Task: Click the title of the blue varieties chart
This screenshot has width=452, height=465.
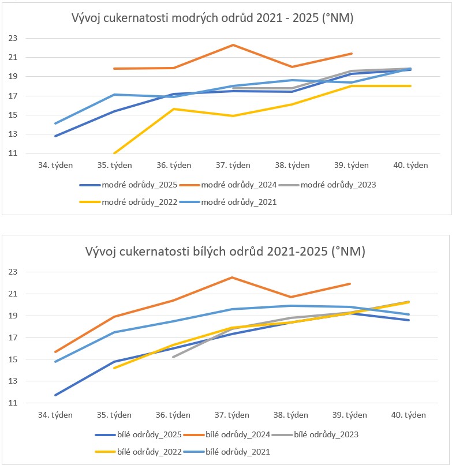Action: (x=212, y=18)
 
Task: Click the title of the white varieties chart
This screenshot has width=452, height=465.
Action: (x=226, y=252)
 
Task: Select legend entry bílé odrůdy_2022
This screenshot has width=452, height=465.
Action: (x=148, y=452)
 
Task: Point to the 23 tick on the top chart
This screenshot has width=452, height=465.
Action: (x=13, y=39)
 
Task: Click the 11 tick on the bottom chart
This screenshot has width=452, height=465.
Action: (x=13, y=403)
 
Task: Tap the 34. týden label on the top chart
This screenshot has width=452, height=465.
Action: (x=55, y=165)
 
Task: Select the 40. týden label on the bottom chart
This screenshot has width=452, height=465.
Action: (x=409, y=415)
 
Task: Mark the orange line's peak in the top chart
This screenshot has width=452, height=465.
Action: (x=233, y=44)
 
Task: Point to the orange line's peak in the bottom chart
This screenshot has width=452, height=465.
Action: (x=232, y=277)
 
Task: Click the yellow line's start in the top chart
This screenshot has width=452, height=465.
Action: (x=114, y=153)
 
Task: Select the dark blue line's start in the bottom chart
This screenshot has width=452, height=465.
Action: (x=55, y=395)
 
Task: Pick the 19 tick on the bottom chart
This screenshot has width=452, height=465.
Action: (x=13, y=316)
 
